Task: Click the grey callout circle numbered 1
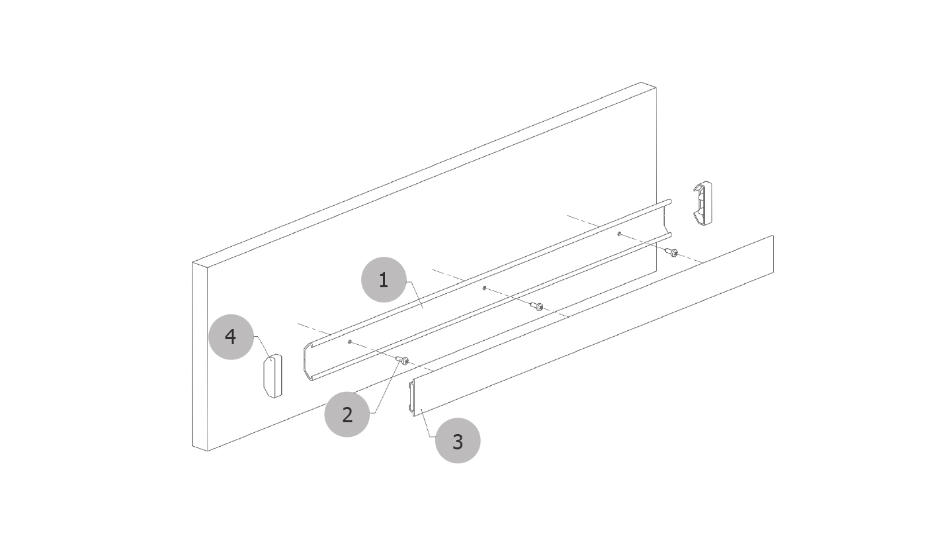pyautogui.click(x=384, y=279)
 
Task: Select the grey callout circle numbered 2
pyautogui.click(x=347, y=414)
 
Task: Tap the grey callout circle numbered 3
pyautogui.click(x=458, y=441)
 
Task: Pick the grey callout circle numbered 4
pyautogui.click(x=231, y=337)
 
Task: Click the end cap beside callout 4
pyautogui.click(x=273, y=376)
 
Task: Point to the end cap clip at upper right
pyautogui.click(x=702, y=203)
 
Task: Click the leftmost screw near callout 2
pyautogui.click(x=402, y=360)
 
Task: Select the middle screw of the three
pyautogui.click(x=536, y=306)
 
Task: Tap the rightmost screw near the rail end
pyautogui.click(x=671, y=251)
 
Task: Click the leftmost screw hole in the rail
pyautogui.click(x=350, y=341)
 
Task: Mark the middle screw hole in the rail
pyautogui.click(x=484, y=287)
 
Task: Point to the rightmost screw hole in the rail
pyautogui.click(x=619, y=234)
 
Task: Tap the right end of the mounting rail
pyautogui.click(x=667, y=219)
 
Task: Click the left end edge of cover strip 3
pyautogui.click(x=412, y=397)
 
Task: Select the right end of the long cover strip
pyautogui.click(x=773, y=254)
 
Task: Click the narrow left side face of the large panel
pyautogui.click(x=200, y=357)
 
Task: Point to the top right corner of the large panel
pyautogui.click(x=656, y=87)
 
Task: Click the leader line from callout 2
pyautogui.click(x=386, y=387)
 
